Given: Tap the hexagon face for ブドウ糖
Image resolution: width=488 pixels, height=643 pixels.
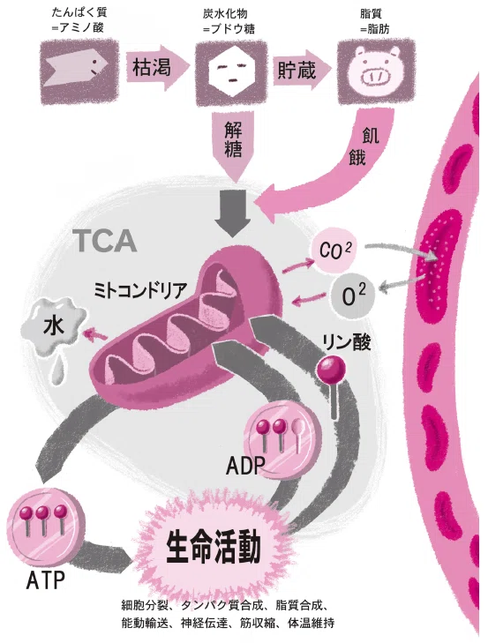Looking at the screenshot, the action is pos(231,71).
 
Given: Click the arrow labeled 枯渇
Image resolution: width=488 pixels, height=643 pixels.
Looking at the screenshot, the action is pos(157,67).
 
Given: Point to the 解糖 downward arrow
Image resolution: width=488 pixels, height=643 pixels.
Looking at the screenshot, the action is pos(234,146).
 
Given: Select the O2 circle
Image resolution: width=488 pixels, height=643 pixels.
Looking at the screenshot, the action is pos(353,295).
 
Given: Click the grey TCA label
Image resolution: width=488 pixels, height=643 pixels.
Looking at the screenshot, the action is pos(105,241).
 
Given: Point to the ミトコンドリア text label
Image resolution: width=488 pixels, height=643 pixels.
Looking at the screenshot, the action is pos(140,290).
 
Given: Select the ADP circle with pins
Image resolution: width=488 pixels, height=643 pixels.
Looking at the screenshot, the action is pos(282,439).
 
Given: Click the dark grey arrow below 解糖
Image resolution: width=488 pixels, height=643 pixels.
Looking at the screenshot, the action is pos(233,213).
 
